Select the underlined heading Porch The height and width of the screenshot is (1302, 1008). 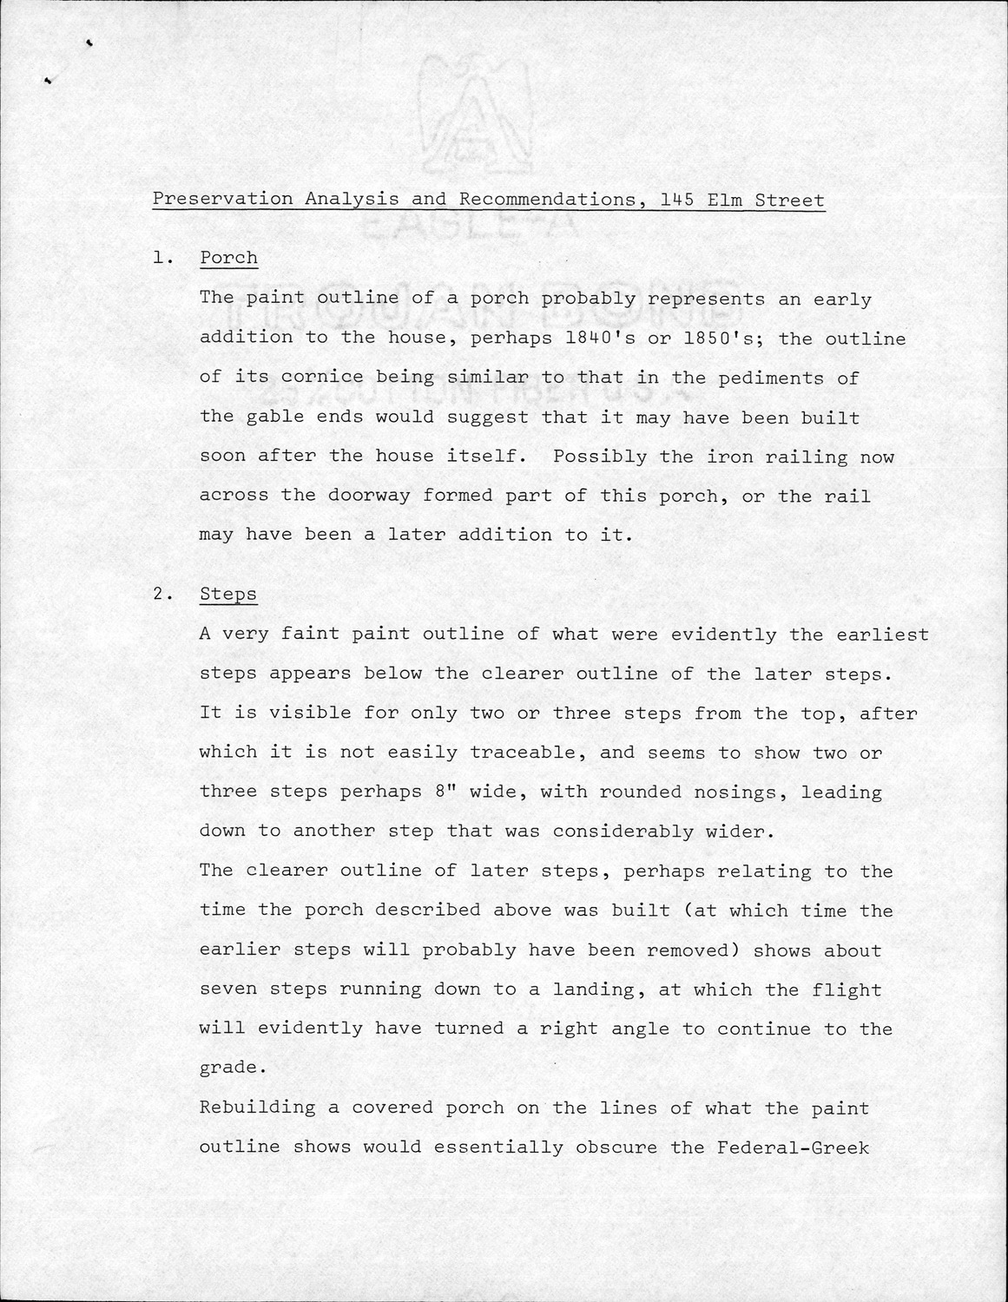coord(228,258)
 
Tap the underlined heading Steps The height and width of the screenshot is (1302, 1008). coord(228,595)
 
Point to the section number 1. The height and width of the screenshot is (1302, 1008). coord(158,258)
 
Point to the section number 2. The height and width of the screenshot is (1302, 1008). coord(158,595)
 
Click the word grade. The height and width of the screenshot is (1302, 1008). coord(227,1068)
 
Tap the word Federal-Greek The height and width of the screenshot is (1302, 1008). coord(793,1147)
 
